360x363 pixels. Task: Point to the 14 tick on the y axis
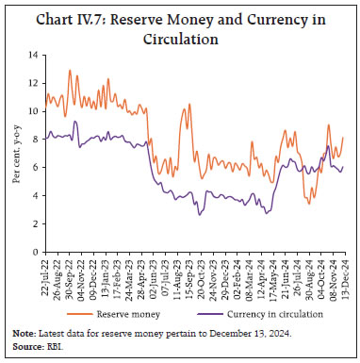34,55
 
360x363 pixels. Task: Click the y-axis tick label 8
36,140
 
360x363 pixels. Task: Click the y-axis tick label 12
34,83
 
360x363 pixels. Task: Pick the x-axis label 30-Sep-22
69,274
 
